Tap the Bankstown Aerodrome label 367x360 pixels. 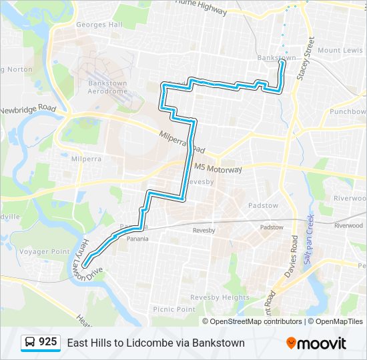(107, 87)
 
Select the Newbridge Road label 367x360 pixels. (27, 109)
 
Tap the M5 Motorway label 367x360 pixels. (218, 169)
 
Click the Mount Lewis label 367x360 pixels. (340, 51)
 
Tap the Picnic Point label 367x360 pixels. (174, 309)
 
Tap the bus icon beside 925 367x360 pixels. (30, 343)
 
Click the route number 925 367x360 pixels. (48, 342)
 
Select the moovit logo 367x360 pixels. (316, 343)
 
